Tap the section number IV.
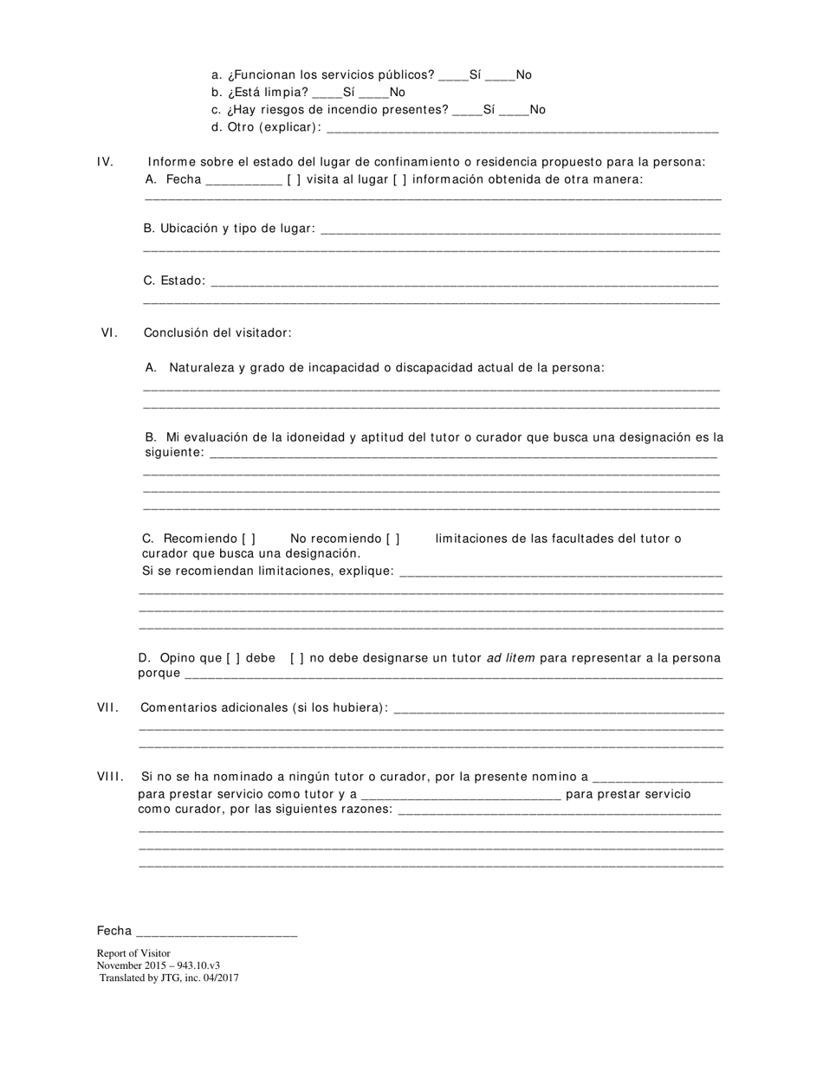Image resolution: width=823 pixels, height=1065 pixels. coord(105,162)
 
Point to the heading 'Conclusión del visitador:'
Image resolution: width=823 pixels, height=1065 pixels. coord(217,332)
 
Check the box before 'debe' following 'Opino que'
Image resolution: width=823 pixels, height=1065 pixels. coord(234,658)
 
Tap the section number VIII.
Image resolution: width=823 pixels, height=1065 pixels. coord(110,777)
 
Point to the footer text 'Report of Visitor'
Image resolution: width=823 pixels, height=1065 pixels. coord(133,953)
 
